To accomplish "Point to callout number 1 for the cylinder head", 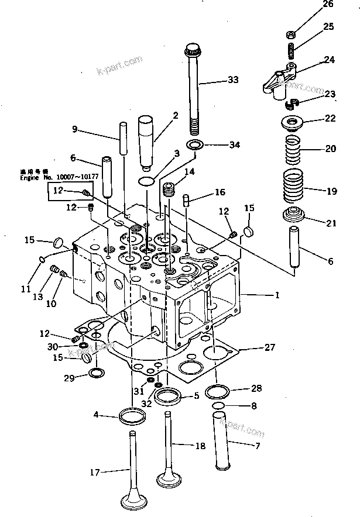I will point(277,296).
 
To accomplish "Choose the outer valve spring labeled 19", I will point(295,188).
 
